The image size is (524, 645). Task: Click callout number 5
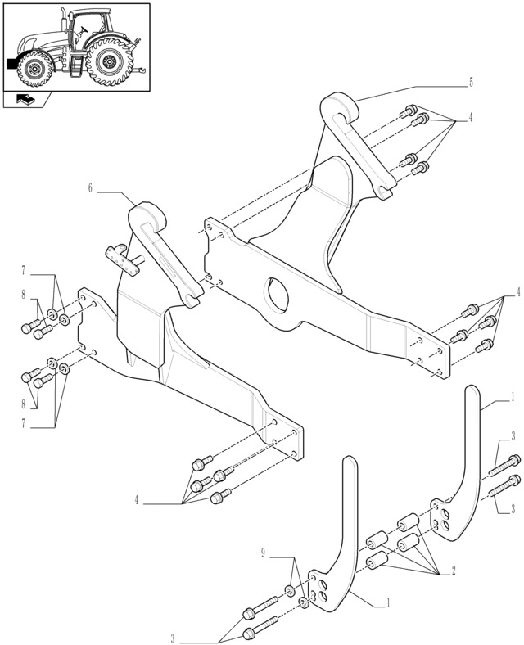click(x=472, y=82)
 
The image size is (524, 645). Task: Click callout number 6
click(x=90, y=188)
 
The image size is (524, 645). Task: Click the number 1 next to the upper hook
click(x=513, y=396)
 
